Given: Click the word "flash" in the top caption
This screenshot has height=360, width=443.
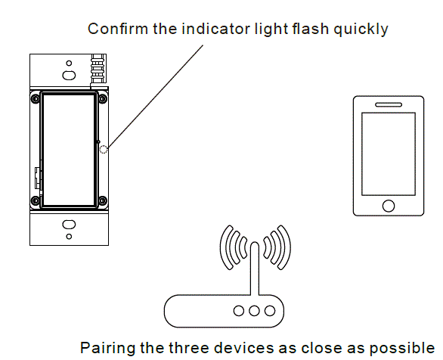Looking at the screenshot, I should point(308,29).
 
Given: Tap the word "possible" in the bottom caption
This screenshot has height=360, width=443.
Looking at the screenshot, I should point(408,348).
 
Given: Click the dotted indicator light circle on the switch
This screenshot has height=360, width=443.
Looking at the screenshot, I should point(104,150).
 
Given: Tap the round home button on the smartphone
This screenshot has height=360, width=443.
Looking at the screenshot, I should point(389,206).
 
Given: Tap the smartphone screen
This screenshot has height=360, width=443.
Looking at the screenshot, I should point(389,154).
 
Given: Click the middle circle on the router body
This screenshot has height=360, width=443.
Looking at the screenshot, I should point(255,310).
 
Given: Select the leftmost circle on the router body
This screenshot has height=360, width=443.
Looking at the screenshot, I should point(239,310).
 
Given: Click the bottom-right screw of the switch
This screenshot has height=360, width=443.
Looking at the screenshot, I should point(101,200).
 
